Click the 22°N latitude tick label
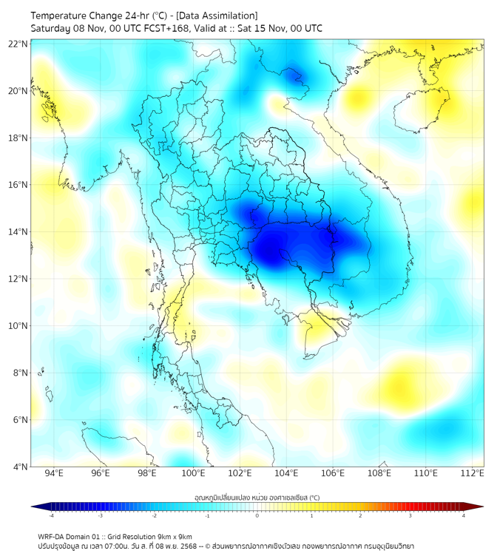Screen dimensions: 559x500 point(18,44)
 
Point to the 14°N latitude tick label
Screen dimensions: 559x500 point(18,231)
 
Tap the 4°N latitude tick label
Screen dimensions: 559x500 point(21,467)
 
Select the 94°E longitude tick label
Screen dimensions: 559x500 point(54,473)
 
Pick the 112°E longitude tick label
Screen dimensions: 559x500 point(473,473)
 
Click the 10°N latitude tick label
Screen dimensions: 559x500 point(18,325)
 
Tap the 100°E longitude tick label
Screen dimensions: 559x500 point(193,473)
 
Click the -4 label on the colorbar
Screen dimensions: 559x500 point(50,515)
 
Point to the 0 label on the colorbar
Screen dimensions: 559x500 point(257,515)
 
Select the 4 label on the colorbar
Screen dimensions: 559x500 point(463,515)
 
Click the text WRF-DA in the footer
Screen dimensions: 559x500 point(51,537)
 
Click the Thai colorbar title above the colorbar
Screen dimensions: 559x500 point(257,497)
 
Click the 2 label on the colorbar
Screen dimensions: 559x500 point(360,515)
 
